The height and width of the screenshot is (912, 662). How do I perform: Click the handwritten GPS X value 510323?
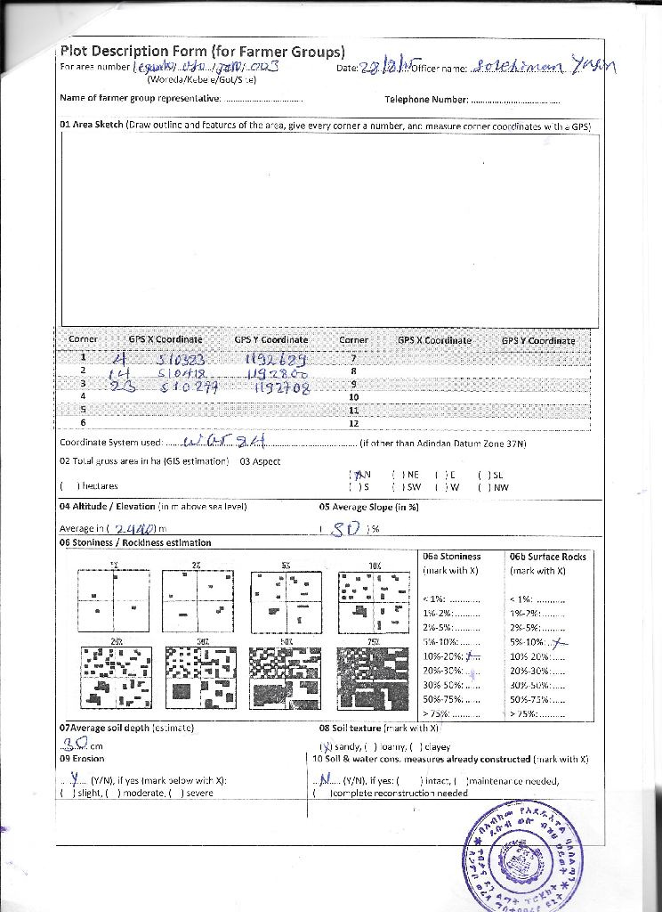coord(182,360)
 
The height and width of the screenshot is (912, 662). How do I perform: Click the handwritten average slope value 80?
coord(344,528)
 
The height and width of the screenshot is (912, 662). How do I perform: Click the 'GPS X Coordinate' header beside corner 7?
coord(434,340)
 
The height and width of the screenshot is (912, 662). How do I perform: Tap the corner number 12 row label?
coord(353,422)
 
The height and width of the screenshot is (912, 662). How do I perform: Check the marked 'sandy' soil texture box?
coord(326,746)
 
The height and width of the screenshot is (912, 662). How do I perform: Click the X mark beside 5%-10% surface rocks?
coord(558,640)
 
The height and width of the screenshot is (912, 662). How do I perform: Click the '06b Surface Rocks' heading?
coord(548,557)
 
